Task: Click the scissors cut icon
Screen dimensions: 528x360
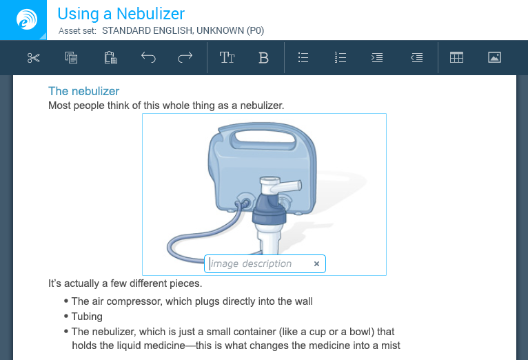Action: pos(34,58)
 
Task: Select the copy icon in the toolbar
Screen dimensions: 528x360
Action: pos(71,58)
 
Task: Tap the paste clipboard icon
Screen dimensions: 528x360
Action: pos(110,58)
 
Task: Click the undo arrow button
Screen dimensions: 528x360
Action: pos(148,58)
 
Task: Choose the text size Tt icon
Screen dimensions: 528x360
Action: pos(227,58)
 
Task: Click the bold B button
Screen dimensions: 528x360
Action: pos(264,58)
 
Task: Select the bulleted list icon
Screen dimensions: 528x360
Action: pos(303,58)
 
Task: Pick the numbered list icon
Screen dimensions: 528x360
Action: pos(341,58)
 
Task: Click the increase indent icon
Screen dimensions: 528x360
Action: pos(377,58)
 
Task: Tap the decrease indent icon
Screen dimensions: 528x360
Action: pos(417,58)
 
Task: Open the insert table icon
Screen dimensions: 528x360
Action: pos(456,58)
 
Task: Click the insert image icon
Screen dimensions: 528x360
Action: pos(494,58)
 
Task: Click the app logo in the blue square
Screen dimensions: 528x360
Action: pos(27,19)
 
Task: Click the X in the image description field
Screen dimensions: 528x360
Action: pos(316,264)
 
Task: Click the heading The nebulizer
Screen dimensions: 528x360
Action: pos(84,91)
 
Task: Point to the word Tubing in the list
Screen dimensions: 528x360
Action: pos(87,317)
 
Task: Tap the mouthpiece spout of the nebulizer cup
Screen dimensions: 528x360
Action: pos(290,186)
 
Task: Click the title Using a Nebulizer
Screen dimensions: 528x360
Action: pos(121,14)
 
